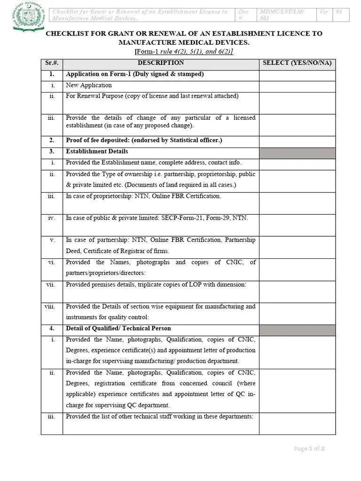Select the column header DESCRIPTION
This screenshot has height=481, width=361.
click(161, 63)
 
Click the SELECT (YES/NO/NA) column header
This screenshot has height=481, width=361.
click(297, 63)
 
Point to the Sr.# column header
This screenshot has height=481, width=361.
click(51, 63)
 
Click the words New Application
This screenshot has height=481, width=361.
click(89, 85)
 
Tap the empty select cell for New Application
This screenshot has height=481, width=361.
click(297, 86)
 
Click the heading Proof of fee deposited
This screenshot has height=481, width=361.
click(144, 140)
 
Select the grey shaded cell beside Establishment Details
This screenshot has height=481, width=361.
click(297, 153)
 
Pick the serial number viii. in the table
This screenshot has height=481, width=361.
click(50, 307)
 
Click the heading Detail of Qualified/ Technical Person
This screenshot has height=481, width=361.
click(118, 329)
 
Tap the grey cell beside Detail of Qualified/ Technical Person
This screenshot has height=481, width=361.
click(297, 330)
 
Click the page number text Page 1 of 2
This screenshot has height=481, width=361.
click(309, 449)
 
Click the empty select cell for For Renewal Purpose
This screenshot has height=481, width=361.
click(297, 103)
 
